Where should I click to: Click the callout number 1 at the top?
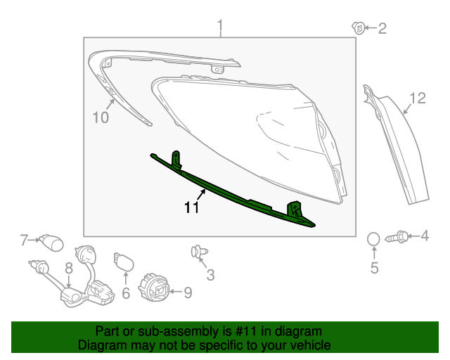pyautogui.click(x=220, y=28)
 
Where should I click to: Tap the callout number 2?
pyautogui.click(x=382, y=28)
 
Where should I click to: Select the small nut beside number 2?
pyautogui.click(x=358, y=28)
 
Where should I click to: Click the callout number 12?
pyautogui.click(x=418, y=98)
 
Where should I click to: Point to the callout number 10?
pyautogui.click(x=101, y=117)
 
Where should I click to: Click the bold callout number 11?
pyautogui.click(x=192, y=208)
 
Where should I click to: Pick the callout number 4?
pyautogui.click(x=425, y=236)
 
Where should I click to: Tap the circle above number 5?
pyautogui.click(x=374, y=240)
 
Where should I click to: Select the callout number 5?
pyautogui.click(x=374, y=267)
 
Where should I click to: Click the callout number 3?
pyautogui.click(x=210, y=275)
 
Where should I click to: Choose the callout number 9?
pyautogui.click(x=187, y=291)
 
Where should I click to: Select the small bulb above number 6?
pyautogui.click(x=123, y=262)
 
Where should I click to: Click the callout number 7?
pyautogui.click(x=23, y=240)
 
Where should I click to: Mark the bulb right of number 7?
pyautogui.click(x=51, y=243)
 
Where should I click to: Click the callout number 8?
pyautogui.click(x=69, y=268)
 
